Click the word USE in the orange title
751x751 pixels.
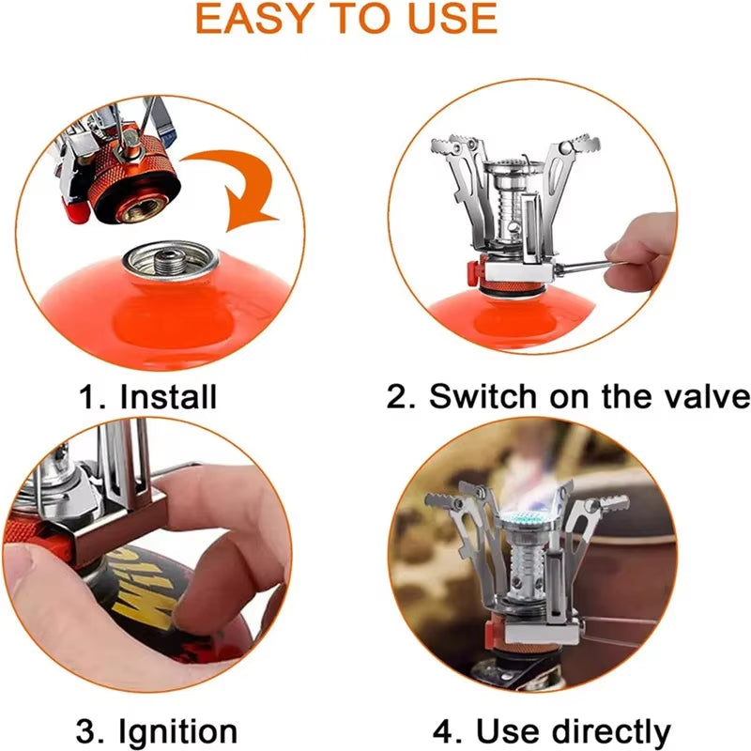coord(449,18)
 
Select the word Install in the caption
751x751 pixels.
coord(168,395)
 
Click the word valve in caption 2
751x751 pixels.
coord(700,395)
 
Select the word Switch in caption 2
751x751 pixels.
coord(480,395)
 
